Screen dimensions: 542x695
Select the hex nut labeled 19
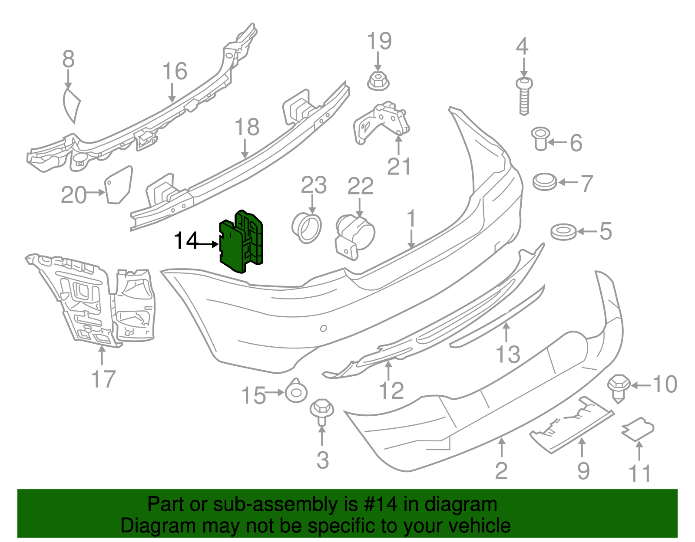(x=378, y=81)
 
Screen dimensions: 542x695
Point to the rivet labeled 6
(x=541, y=138)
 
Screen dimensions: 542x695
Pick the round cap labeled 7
(x=545, y=181)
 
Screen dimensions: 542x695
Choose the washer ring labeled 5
(x=563, y=232)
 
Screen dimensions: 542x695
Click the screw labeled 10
(x=619, y=388)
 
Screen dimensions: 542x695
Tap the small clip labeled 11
(x=638, y=429)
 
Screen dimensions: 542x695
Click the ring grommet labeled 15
(x=296, y=392)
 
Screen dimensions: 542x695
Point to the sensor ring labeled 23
(x=307, y=227)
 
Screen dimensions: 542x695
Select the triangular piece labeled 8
(x=72, y=105)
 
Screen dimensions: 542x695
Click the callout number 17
(x=103, y=379)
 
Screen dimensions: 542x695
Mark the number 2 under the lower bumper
(x=501, y=470)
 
